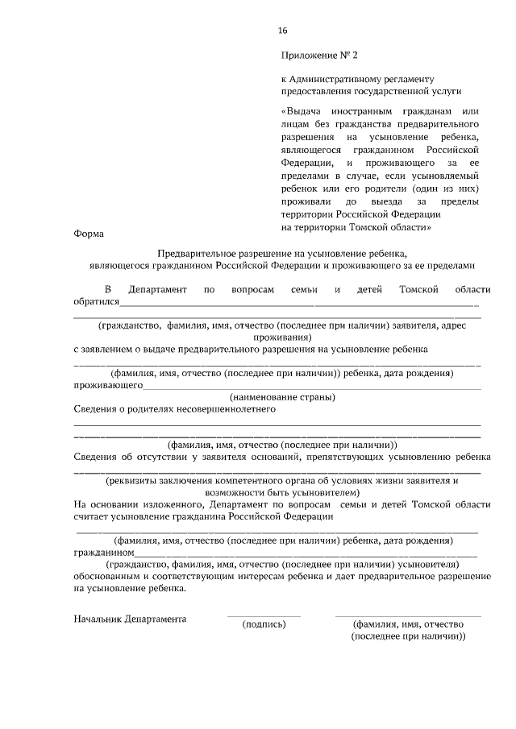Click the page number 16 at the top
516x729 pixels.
(282, 30)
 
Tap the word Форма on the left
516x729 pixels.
(89, 234)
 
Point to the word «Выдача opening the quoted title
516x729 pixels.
(305, 110)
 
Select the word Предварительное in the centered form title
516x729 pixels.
(195, 252)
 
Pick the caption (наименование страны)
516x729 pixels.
(282, 397)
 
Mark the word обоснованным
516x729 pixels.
(107, 577)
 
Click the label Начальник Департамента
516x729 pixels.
(130, 619)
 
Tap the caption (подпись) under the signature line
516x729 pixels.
(264, 623)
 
